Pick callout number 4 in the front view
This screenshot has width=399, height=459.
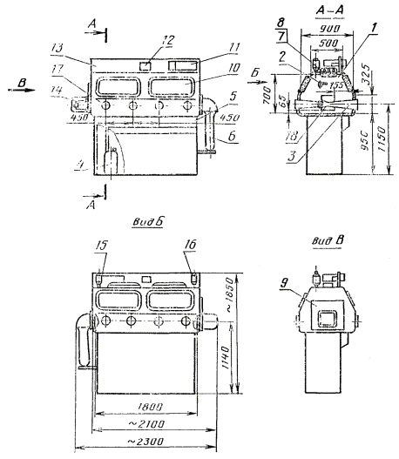(x=80, y=162)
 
